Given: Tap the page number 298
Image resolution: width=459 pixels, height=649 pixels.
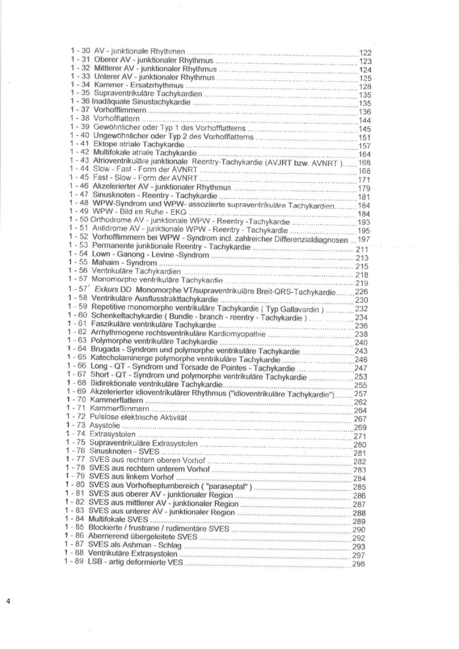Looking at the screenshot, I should pyautogui.click(x=359, y=564).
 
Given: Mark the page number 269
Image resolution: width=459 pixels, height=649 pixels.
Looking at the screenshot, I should pyautogui.click(x=360, y=428).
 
